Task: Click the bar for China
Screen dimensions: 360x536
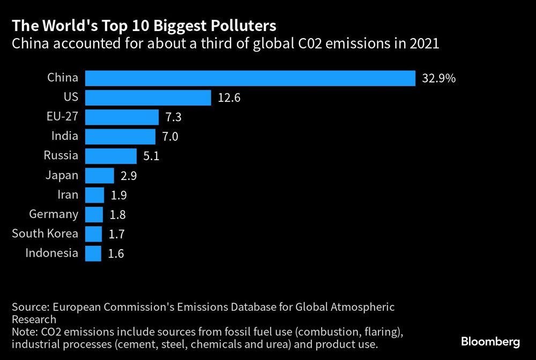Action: click(x=250, y=78)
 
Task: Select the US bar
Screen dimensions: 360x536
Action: click(x=148, y=97)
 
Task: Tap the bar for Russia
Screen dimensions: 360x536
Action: click(x=111, y=156)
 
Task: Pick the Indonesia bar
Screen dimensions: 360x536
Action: click(x=93, y=253)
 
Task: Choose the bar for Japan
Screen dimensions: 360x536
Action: click(x=100, y=176)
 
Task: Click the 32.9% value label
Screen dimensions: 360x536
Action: click(x=439, y=79)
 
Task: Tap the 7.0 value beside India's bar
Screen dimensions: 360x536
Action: click(x=170, y=137)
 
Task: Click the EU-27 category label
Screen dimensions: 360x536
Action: click(x=63, y=117)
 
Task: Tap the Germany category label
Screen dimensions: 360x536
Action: click(x=54, y=215)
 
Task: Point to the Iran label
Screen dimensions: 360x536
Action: click(x=68, y=195)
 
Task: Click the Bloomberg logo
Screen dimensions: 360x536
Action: click(x=490, y=341)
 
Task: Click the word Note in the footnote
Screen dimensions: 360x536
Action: click(x=24, y=332)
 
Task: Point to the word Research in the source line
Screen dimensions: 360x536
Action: click(x=34, y=320)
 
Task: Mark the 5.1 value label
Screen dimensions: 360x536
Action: click(x=152, y=156)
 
